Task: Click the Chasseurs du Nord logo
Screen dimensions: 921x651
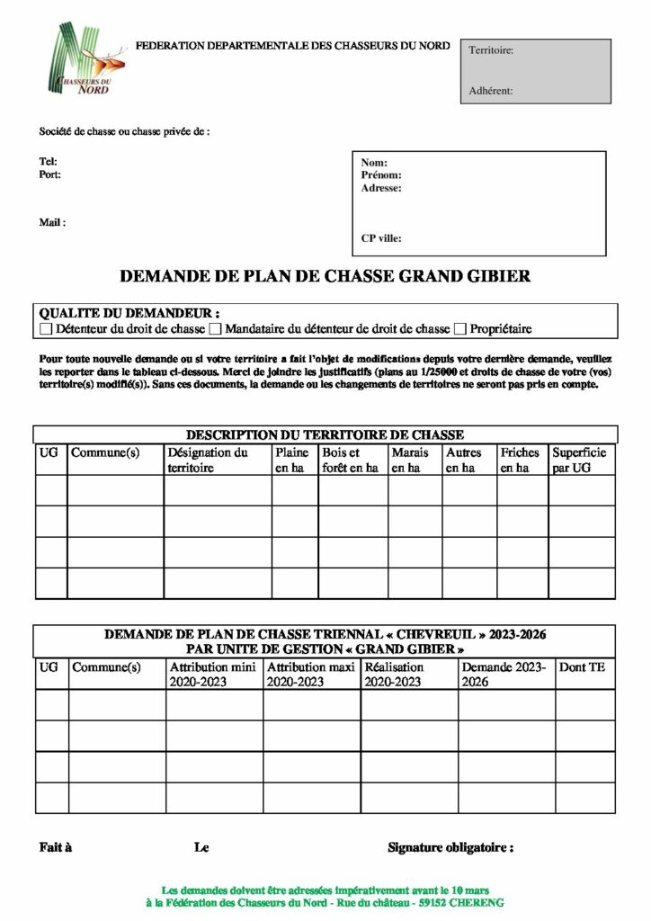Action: (85, 59)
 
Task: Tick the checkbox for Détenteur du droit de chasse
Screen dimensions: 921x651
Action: (47, 329)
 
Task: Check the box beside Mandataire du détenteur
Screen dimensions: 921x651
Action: (215, 329)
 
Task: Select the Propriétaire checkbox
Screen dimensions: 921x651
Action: (461, 329)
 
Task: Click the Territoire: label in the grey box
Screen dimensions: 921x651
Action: (491, 50)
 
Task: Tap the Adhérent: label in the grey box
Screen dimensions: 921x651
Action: (491, 91)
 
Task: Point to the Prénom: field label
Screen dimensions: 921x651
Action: (381, 175)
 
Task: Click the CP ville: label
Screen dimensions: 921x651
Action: (381, 238)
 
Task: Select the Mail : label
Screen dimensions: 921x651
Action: (52, 222)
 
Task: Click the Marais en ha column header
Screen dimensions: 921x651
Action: (410, 460)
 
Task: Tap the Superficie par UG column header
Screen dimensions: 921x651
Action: (578, 460)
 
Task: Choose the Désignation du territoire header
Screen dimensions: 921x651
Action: (208, 460)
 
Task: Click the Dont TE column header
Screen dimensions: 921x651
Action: (582, 667)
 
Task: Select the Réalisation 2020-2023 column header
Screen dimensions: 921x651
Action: (394, 675)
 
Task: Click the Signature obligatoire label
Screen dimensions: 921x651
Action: (450, 847)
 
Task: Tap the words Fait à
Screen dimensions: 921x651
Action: (56, 847)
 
